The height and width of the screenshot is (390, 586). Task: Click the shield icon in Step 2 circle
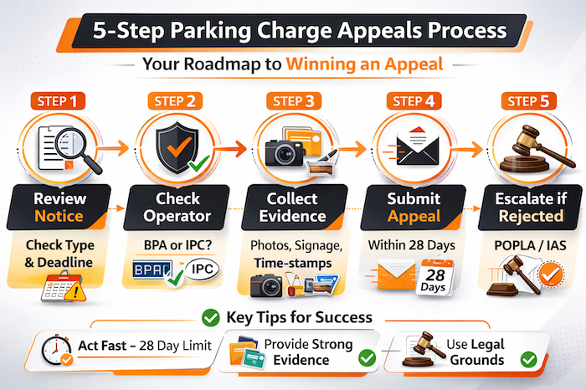click(x=175, y=144)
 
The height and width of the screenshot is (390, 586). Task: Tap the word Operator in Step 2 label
click(x=178, y=216)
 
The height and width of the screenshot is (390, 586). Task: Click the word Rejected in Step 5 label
click(x=527, y=216)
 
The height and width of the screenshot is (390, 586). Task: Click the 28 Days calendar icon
click(x=434, y=277)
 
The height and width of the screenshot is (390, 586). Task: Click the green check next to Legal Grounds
click(x=528, y=359)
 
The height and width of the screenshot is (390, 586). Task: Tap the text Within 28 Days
click(x=411, y=248)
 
